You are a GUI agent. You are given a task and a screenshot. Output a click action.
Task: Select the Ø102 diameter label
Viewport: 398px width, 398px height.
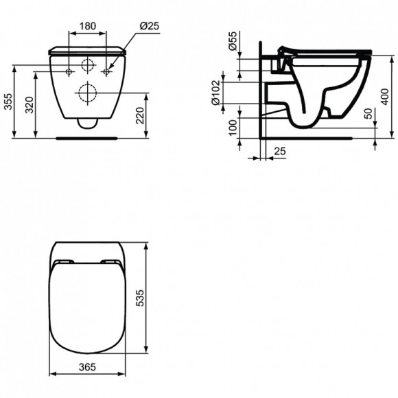point(215,89)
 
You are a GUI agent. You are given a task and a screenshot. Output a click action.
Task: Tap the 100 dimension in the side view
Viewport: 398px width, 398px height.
point(233,128)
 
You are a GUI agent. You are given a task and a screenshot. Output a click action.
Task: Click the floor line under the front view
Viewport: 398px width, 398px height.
point(88,136)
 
